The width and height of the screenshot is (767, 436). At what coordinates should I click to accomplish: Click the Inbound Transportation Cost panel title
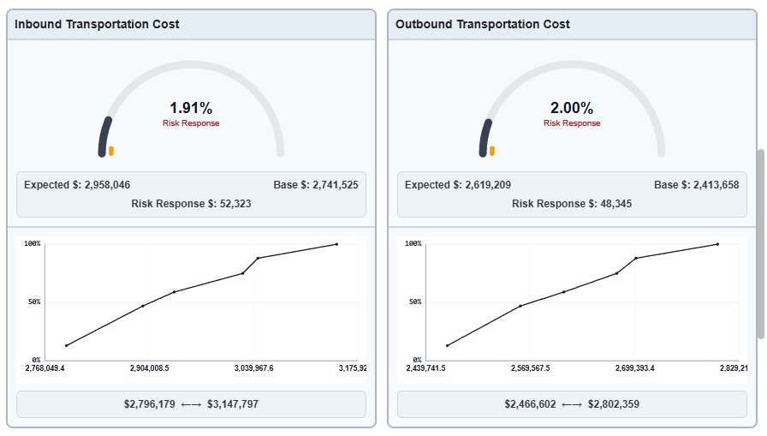(x=97, y=24)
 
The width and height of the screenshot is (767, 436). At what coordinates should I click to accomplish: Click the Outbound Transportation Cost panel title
(x=483, y=24)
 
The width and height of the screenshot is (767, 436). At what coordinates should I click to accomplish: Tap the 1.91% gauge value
(x=191, y=108)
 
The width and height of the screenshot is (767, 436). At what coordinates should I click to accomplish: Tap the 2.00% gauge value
(x=572, y=108)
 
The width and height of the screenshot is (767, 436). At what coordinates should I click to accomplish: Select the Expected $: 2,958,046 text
(x=77, y=185)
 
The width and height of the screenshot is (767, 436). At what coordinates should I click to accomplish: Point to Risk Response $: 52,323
(x=191, y=204)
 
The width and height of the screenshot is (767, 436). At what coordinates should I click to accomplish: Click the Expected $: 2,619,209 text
(x=458, y=185)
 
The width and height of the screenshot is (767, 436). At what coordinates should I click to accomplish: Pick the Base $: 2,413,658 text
(x=696, y=185)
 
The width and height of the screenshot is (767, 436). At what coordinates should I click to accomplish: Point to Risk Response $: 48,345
(x=572, y=204)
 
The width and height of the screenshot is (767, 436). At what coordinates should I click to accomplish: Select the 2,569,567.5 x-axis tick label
(x=529, y=368)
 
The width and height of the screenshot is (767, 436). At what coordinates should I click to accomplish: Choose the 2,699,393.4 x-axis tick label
(x=635, y=368)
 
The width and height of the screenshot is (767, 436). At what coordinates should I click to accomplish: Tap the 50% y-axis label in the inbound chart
(x=33, y=302)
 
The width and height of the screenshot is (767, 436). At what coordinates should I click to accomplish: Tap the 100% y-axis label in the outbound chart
(x=413, y=244)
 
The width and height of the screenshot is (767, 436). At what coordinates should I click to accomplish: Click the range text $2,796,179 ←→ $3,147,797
(x=191, y=404)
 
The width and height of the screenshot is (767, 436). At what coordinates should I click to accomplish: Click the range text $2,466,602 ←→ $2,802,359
(x=572, y=404)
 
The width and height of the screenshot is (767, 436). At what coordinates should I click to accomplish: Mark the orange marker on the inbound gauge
(x=111, y=152)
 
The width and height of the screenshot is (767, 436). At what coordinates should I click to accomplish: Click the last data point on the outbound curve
(x=717, y=244)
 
